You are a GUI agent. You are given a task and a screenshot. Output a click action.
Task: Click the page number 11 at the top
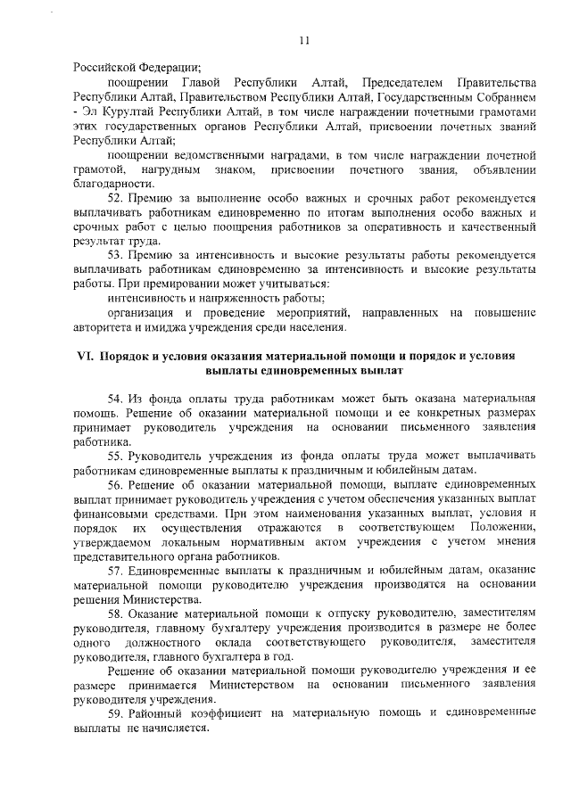coord(303,40)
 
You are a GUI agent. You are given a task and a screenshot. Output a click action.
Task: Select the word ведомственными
coord(208,154)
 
